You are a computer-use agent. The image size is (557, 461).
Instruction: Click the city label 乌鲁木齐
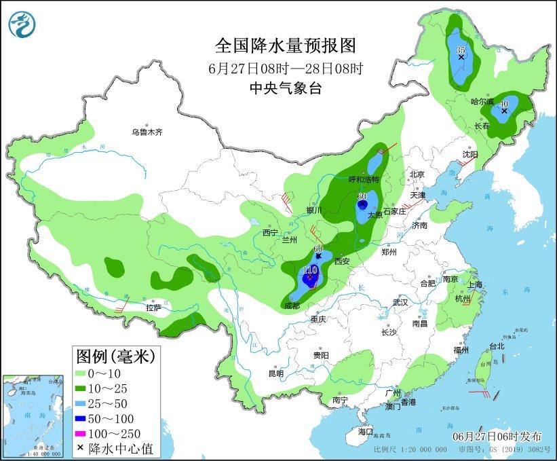tap(147, 132)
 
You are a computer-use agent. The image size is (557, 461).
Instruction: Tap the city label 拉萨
tap(153, 308)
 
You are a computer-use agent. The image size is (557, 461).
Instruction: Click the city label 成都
tap(291, 306)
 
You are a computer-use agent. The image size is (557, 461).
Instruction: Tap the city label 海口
tap(366, 431)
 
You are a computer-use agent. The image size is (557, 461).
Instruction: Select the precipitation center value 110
tap(310, 270)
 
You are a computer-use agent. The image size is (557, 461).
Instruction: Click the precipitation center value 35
tap(461, 50)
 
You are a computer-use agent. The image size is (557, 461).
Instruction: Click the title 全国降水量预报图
tap(285, 45)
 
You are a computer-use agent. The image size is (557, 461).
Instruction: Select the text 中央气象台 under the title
tap(285, 87)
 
